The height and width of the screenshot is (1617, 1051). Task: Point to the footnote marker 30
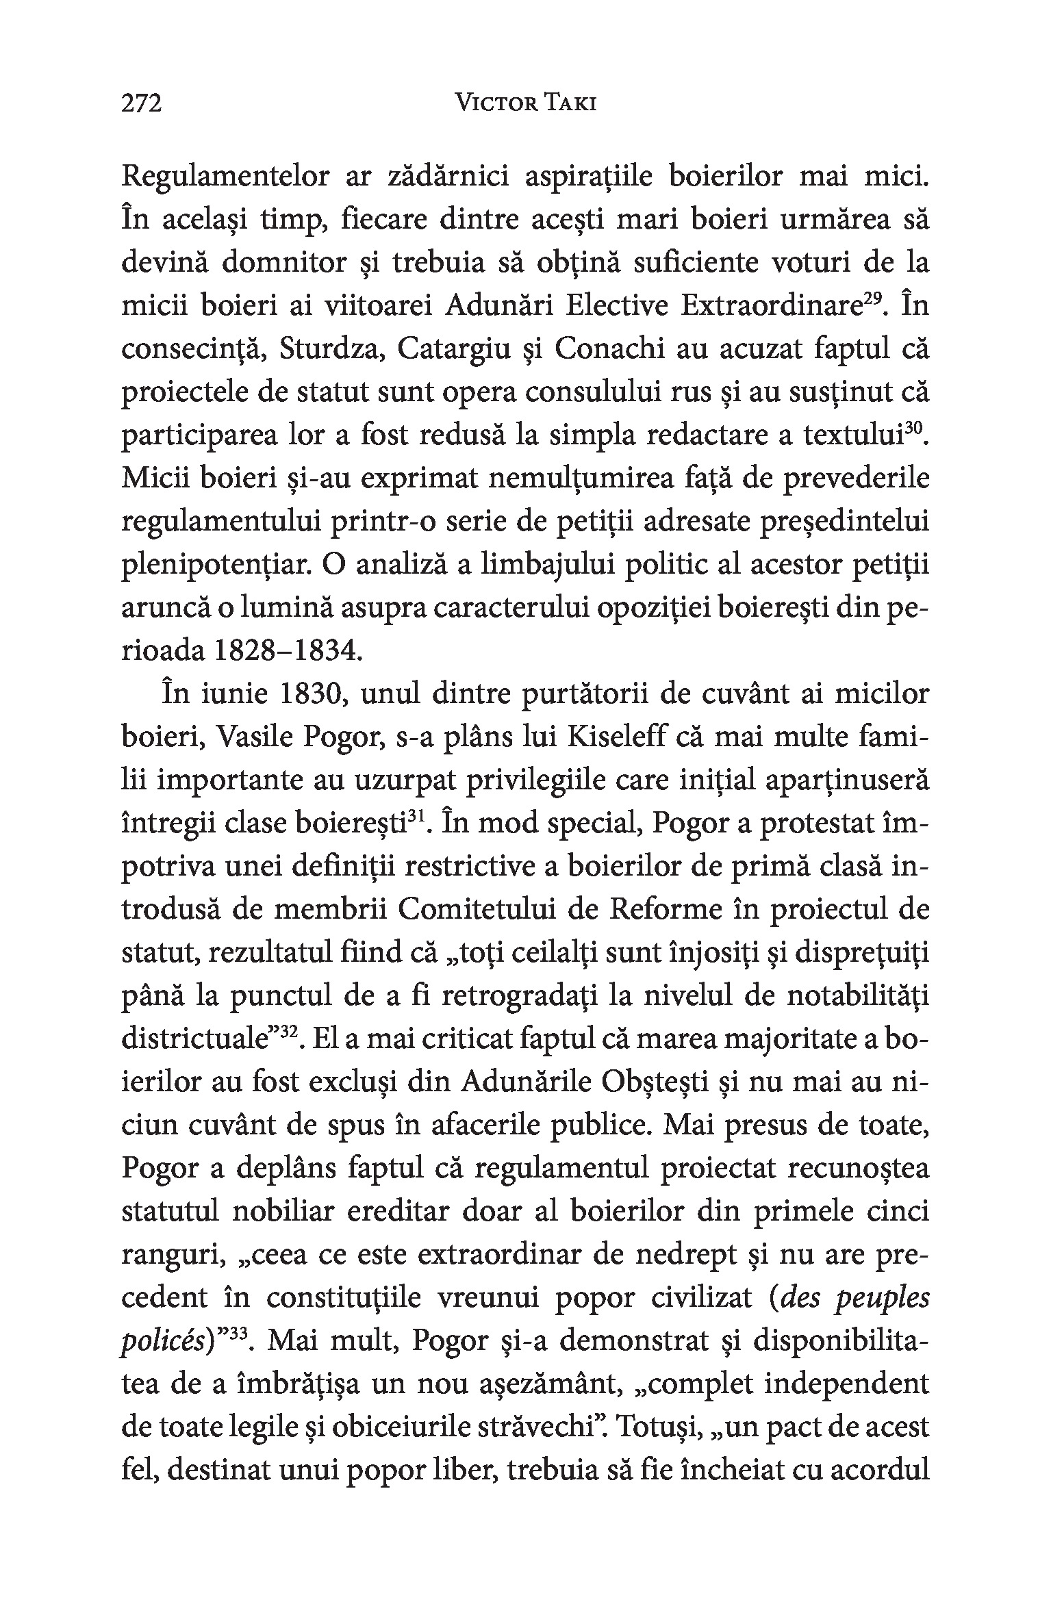pos(913,429)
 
